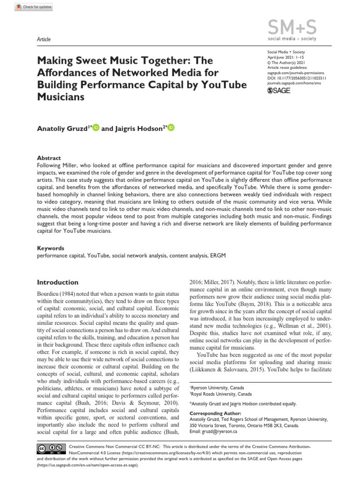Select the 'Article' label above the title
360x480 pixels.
(x=44, y=39)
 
